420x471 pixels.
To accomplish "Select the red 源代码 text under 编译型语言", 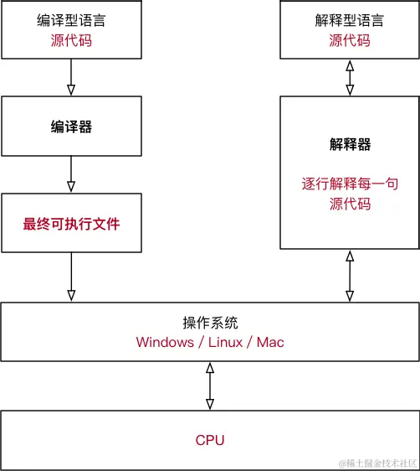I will (x=70, y=39).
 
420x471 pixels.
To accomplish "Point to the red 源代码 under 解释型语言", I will (x=349, y=39).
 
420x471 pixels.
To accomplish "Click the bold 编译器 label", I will (x=70, y=127).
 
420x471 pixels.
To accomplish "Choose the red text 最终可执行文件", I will (x=70, y=224).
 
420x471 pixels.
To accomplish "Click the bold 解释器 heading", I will (x=349, y=145).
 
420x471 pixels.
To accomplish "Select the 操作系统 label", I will (x=209, y=323).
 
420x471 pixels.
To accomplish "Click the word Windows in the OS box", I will (x=164, y=342).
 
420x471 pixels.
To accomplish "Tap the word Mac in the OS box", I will (x=270, y=342).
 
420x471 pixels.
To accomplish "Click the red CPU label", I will (x=209, y=440).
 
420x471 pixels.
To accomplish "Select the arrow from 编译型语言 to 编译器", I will (x=70, y=77).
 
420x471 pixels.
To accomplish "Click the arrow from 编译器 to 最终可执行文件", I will (x=70, y=173).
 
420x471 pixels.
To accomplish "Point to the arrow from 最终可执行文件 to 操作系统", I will (x=70, y=277).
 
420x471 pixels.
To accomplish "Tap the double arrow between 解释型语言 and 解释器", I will (x=350, y=77).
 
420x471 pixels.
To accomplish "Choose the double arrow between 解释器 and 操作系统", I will (x=350, y=276).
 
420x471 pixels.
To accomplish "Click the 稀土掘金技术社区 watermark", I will (x=377, y=463).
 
